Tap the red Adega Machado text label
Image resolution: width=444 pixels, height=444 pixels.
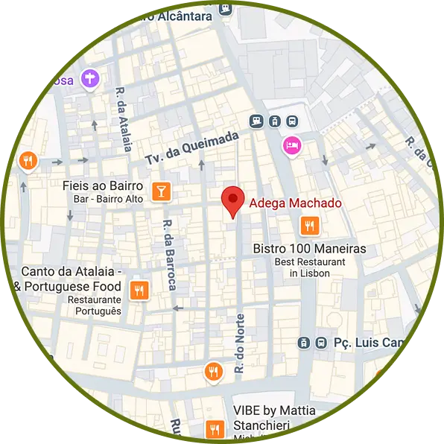[295, 203]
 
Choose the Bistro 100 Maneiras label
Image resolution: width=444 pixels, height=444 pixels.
[309, 249]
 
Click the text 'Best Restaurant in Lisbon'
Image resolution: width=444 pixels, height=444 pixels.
[309, 267]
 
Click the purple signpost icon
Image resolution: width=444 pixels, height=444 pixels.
[90, 77]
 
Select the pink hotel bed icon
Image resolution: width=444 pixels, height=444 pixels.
[291, 145]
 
